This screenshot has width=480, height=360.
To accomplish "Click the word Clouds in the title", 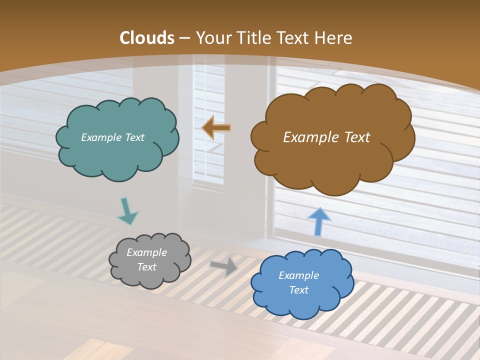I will (147, 38).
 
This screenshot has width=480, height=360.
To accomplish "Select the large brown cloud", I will (332, 160).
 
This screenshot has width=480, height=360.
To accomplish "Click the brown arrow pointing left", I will (216, 128).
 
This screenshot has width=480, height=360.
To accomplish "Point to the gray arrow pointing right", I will (223, 266).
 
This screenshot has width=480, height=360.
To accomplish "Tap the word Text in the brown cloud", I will (357, 137).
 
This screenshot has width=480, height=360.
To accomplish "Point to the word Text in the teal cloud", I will (134, 137).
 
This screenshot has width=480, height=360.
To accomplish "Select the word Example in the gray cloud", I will (146, 252).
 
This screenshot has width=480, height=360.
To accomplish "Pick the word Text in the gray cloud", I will (146, 267).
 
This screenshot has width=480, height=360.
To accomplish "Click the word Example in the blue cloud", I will (298, 275).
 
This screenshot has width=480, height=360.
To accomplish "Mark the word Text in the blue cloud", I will (298, 290).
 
